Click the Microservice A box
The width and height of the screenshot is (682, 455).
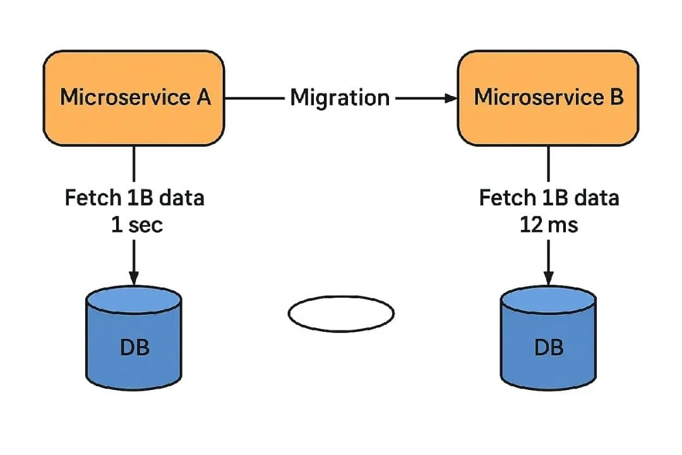[x=133, y=98]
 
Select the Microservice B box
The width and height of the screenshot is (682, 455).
[x=548, y=98]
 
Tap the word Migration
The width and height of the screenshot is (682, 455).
[x=340, y=98]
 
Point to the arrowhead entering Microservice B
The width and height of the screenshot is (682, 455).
[x=452, y=98]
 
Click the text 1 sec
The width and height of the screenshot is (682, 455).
[x=137, y=224]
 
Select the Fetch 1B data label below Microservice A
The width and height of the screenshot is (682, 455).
[x=135, y=198]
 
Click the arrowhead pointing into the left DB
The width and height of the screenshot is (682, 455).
[x=134, y=278]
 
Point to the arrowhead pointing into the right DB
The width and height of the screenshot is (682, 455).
[x=548, y=278]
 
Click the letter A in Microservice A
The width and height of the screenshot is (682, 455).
[x=201, y=98]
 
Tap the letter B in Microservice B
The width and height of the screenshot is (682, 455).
[x=616, y=98]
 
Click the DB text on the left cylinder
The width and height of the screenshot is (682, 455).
[x=134, y=347]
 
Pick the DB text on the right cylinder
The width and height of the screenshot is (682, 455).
[x=548, y=347]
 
